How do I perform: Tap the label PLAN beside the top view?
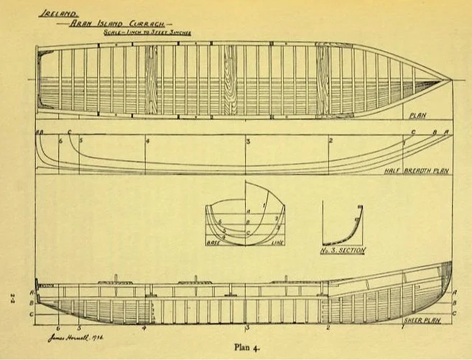point(417,115)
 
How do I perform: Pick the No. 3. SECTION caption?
point(343,251)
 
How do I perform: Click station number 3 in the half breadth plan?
point(248,141)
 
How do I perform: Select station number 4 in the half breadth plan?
point(147,141)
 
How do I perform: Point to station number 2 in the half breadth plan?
point(329,141)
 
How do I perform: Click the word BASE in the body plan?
point(213,244)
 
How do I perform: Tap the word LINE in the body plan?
point(276,244)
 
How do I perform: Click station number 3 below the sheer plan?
point(246,328)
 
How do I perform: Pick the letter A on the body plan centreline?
point(248,211)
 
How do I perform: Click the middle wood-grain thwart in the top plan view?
point(229,80)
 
